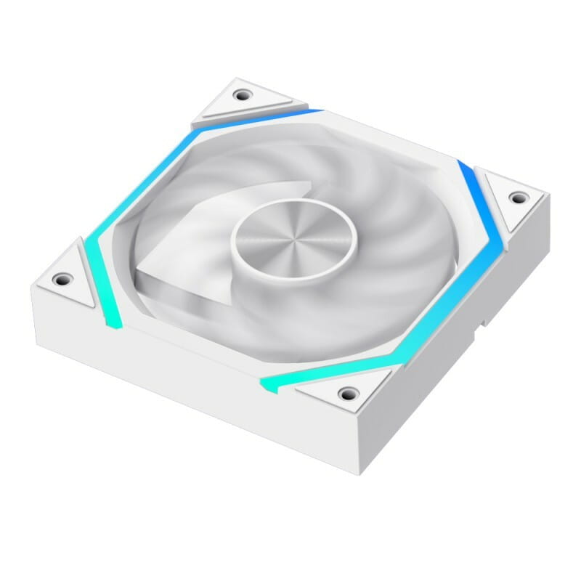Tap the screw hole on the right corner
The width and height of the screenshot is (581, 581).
[516, 197]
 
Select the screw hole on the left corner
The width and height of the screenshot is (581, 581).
[63, 277]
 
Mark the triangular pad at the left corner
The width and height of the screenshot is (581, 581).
[69, 280]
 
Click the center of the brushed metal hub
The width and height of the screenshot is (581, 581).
[293, 236]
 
